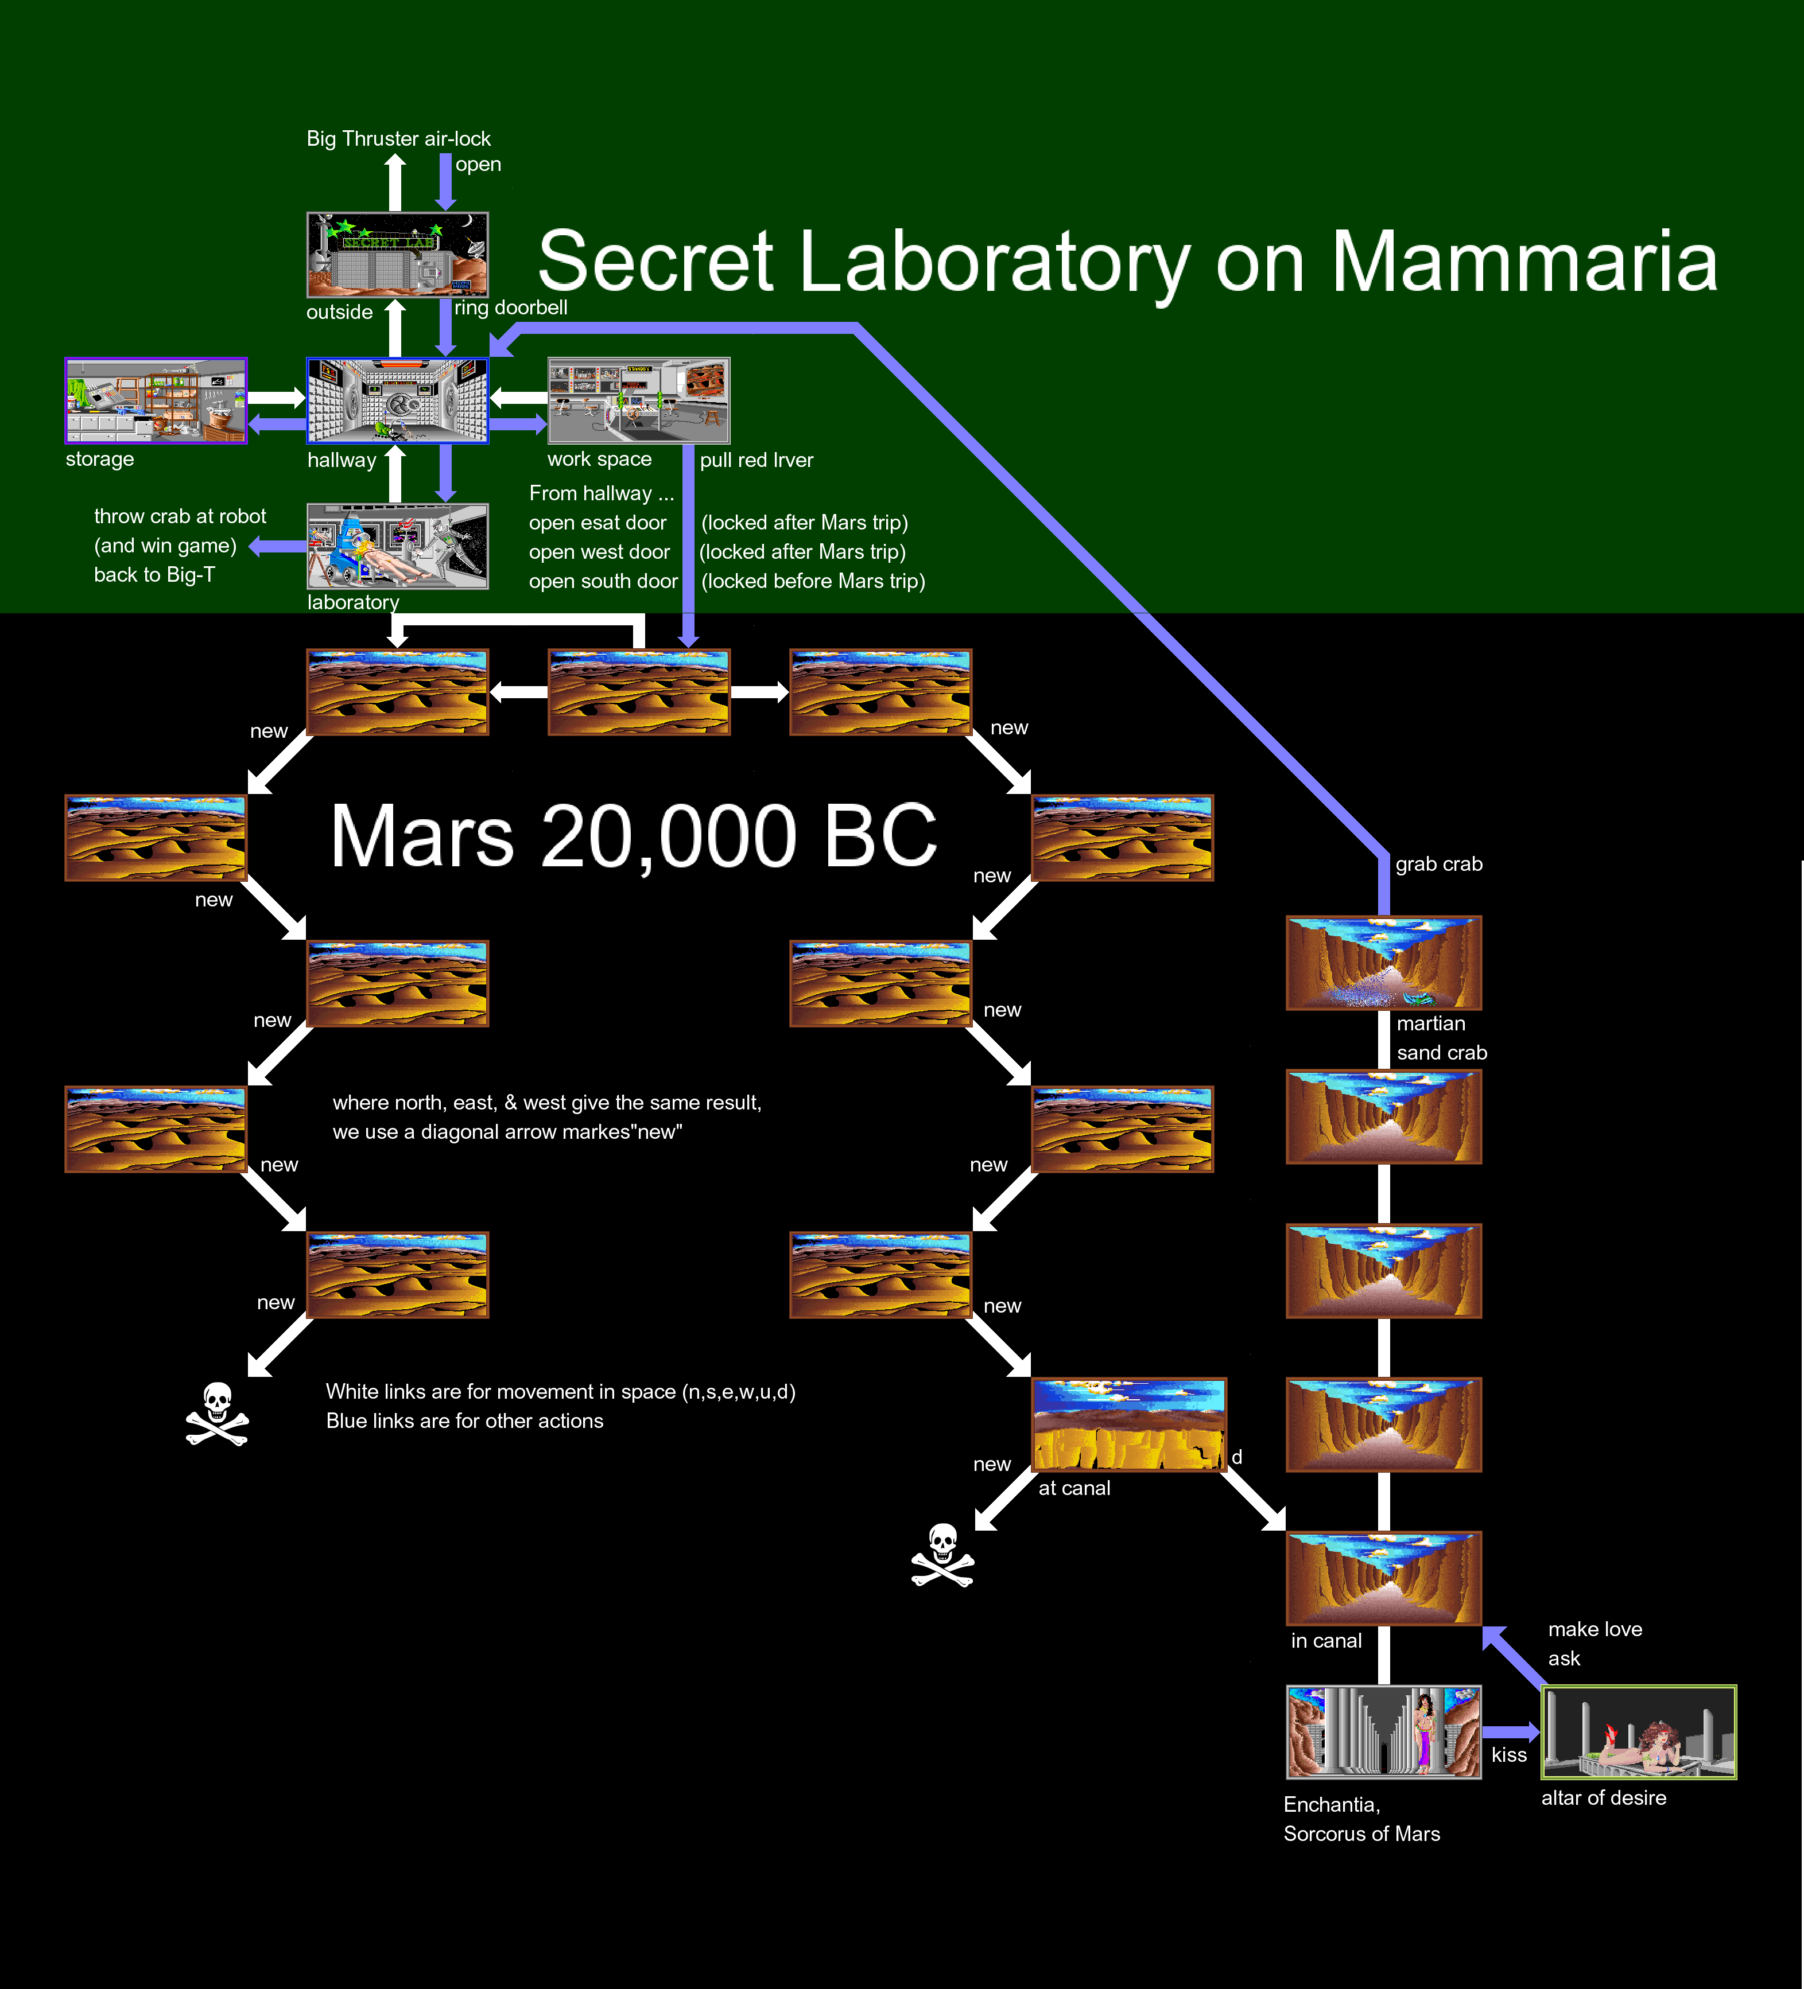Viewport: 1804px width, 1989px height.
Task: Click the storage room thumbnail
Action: pyautogui.click(x=156, y=400)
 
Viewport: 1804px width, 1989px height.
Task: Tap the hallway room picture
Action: pyautogui.click(x=397, y=400)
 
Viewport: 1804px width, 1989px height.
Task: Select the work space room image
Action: pyautogui.click(x=638, y=400)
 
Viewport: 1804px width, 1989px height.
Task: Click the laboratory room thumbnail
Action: pyautogui.click(x=397, y=547)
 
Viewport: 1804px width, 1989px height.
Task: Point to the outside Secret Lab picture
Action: pyautogui.click(x=397, y=255)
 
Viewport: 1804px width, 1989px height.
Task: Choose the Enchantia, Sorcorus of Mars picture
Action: pyautogui.click(x=1384, y=1731)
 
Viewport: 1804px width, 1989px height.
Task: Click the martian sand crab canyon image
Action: pyautogui.click(x=1384, y=963)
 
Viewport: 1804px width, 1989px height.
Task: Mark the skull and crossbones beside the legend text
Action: pyautogui.click(x=217, y=1414)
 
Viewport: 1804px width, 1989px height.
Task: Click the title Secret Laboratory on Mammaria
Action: pyautogui.click(x=1127, y=262)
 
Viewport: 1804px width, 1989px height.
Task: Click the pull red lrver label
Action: pyautogui.click(x=756, y=461)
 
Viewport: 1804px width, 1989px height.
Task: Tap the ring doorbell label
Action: pyautogui.click(x=510, y=308)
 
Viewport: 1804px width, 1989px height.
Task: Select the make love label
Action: pyautogui.click(x=1594, y=1630)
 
